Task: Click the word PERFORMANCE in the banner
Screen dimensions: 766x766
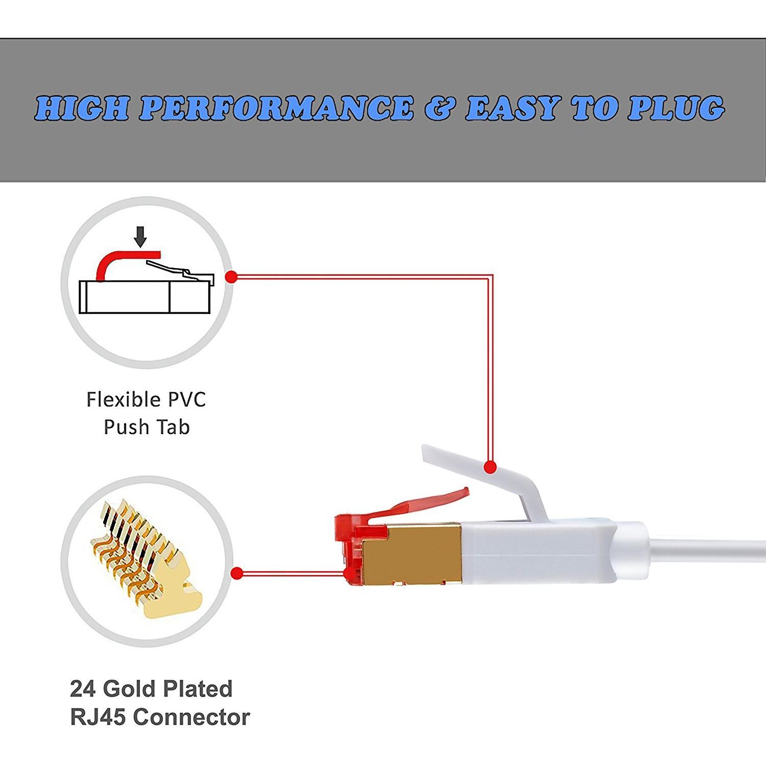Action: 276,108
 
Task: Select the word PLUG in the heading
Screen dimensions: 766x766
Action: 675,108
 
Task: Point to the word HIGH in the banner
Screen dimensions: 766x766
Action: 82,108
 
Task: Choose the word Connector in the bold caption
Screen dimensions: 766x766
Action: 192,717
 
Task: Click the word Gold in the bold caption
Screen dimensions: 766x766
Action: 126,689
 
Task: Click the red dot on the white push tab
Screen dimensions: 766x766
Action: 490,467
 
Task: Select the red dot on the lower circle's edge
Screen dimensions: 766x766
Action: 236,574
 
